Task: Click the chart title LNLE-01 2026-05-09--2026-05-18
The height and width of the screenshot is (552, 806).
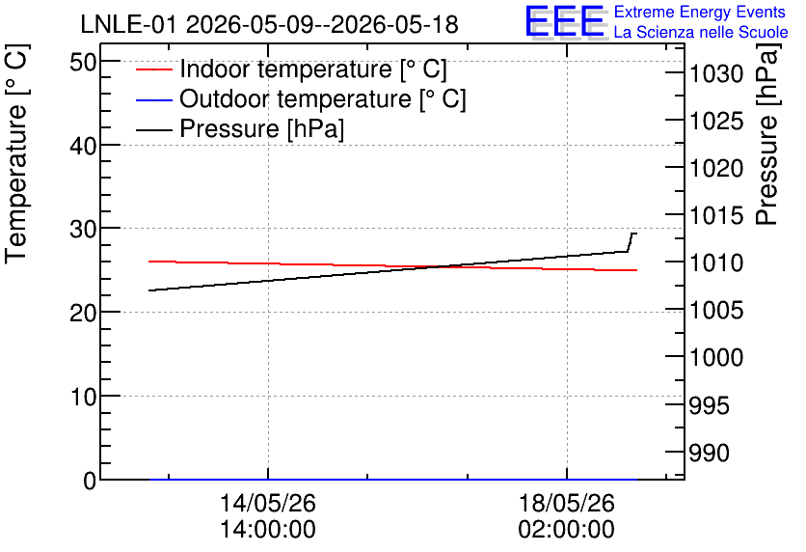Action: pos(269,25)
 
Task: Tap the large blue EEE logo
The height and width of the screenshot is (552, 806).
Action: pos(565,22)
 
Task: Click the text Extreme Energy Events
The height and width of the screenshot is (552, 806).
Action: pos(700,12)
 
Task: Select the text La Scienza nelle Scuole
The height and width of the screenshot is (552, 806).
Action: pos(701,32)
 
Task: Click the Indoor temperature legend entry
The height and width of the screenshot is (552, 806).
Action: pos(291,69)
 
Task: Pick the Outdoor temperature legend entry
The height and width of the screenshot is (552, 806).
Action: pos(301,98)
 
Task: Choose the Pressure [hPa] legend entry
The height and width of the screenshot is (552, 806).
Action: pos(240,128)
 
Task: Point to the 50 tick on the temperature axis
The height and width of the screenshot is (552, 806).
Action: pos(83,63)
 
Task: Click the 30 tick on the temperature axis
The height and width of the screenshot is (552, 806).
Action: pos(83,229)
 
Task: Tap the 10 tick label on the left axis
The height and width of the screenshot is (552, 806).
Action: pos(83,397)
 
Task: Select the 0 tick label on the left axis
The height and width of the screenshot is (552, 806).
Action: pos(90,481)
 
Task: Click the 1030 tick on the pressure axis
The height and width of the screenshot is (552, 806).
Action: pos(716,74)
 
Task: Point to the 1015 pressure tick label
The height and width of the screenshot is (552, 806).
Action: pos(716,215)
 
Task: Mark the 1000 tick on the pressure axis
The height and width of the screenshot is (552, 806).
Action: pos(716,357)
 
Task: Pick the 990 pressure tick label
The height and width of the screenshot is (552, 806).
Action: pos(709,453)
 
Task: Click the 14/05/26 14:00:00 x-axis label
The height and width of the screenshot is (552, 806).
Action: pos(268,516)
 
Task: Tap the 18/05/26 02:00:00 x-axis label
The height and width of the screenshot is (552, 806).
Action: pos(567,516)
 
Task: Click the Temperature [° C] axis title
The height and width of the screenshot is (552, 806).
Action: pos(16,153)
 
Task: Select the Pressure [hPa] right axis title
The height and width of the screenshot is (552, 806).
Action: pos(766,134)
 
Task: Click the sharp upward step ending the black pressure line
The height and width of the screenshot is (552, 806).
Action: pos(630,242)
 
